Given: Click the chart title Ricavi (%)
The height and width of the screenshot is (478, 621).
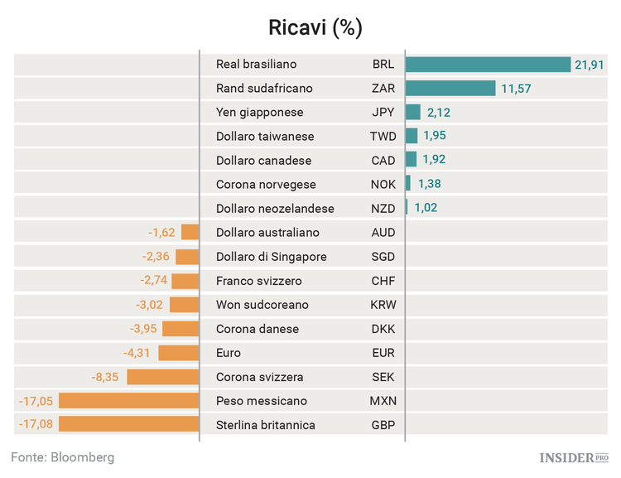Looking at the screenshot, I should [x=315, y=27].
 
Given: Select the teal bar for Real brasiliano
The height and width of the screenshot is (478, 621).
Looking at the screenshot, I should [x=489, y=65].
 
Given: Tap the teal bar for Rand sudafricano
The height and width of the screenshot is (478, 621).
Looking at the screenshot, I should [x=450, y=89].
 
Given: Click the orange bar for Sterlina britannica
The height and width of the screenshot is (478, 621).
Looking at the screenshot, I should [x=129, y=425].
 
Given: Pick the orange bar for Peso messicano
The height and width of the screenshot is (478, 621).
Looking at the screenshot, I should [x=129, y=401].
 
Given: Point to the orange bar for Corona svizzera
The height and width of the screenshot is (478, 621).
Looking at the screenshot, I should [x=163, y=377].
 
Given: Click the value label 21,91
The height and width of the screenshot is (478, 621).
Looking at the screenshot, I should [x=592, y=65].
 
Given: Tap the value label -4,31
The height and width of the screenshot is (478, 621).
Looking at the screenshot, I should [x=137, y=353].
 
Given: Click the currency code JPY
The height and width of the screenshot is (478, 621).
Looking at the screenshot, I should [x=383, y=113].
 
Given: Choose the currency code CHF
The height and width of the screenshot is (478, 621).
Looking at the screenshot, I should [x=383, y=281].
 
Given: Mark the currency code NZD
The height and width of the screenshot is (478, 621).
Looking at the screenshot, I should [x=383, y=209].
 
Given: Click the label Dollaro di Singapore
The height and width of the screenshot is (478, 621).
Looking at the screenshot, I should [x=271, y=257].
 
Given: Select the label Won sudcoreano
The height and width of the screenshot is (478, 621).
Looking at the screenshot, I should [x=262, y=305].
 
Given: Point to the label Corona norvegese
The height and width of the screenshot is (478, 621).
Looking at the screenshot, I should [x=266, y=185].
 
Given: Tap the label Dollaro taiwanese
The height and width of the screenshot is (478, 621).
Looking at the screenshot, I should [x=265, y=137].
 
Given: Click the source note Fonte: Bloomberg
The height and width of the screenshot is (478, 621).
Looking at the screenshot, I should [x=63, y=457].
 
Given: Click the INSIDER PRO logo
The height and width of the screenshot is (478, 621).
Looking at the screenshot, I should [x=574, y=457].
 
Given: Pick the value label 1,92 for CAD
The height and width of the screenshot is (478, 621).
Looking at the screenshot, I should [x=436, y=161].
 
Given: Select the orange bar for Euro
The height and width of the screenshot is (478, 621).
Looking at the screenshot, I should [x=179, y=353].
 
